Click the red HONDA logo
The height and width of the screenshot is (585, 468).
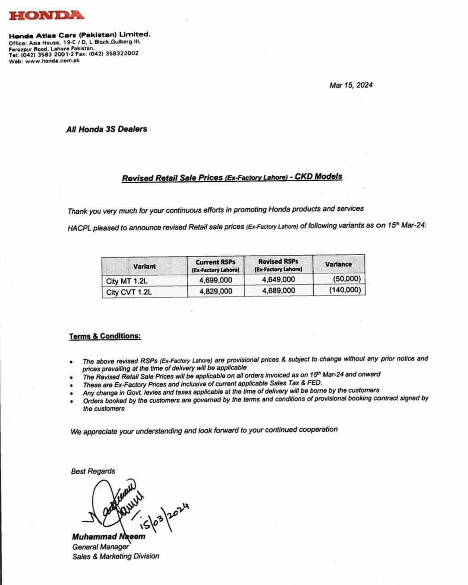click(x=46, y=15)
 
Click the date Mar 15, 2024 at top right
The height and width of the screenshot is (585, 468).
click(x=351, y=85)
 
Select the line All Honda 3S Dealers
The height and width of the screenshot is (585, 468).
click(x=106, y=129)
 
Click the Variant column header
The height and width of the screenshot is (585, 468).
click(x=144, y=266)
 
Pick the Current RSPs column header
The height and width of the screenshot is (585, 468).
click(x=215, y=266)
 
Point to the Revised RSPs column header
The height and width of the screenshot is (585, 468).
click(x=278, y=265)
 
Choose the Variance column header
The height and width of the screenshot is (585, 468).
click(x=338, y=264)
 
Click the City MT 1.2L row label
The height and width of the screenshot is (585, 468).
click(x=126, y=281)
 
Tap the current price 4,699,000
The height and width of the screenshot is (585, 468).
click(x=216, y=280)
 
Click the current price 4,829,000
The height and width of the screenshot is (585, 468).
click(x=216, y=291)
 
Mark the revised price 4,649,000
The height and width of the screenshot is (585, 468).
click(x=279, y=279)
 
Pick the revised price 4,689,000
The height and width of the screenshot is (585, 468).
click(x=279, y=290)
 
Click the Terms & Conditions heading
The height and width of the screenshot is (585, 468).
click(x=105, y=336)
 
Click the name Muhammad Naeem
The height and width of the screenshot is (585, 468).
click(x=108, y=536)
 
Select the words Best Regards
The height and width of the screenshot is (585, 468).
click(x=93, y=471)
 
